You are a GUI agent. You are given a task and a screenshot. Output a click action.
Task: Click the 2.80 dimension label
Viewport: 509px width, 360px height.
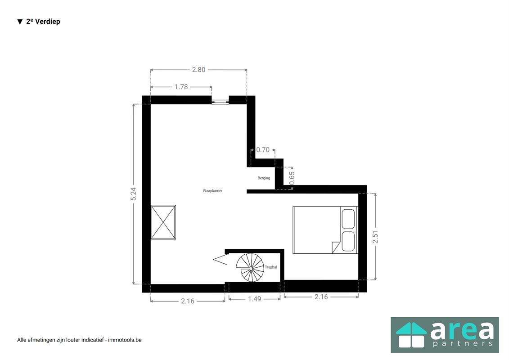pos(198,70)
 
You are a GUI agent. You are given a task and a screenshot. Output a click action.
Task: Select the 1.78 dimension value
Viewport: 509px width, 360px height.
pos(181,87)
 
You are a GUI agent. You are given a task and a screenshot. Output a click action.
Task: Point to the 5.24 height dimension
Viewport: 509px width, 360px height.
pos(133,194)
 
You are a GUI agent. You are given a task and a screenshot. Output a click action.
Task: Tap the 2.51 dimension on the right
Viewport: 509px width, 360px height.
pos(375,237)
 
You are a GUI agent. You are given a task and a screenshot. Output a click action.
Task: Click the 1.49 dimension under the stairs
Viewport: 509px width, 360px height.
pos(254,298)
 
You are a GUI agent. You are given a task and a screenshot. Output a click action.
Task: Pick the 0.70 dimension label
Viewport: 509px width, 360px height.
pos(263,150)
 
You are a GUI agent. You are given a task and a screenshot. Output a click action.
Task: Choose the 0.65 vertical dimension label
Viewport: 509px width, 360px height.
pos(292,178)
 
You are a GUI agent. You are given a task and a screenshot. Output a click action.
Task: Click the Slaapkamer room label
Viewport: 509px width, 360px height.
pos(212,191)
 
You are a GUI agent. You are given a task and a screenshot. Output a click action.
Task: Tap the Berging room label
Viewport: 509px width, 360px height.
pos(264,178)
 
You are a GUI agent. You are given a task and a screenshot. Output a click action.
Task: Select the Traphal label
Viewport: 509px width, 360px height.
pos(271,267)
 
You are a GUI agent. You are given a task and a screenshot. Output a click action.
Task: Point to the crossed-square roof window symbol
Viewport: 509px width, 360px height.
pos(163,222)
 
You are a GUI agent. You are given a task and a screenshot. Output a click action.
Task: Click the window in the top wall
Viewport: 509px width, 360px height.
pos(220,100)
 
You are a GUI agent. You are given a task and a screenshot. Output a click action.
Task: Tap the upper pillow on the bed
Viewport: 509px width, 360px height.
pos(348,219)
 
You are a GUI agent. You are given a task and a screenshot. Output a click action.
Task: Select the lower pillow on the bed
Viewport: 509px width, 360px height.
pos(348,241)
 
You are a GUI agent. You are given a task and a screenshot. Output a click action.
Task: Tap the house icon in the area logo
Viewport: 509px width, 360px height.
pos(410,335)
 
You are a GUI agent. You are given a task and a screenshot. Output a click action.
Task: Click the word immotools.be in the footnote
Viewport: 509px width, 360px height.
pos(124,340)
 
